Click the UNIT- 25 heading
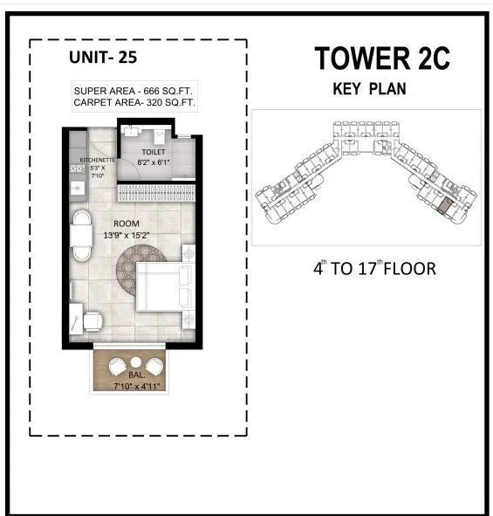pyautogui.click(x=102, y=58)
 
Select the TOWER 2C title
pyautogui.click(x=383, y=59)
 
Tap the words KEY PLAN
pyautogui.click(x=370, y=89)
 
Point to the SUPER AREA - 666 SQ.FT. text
pyautogui.click(x=134, y=92)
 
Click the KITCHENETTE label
pyautogui.click(x=98, y=162)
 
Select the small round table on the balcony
pyautogui.click(x=136, y=363)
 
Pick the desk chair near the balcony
pyautogui.click(x=92, y=322)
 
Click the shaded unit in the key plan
pyautogui.click(x=445, y=206)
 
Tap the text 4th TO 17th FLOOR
pyautogui.click(x=374, y=268)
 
